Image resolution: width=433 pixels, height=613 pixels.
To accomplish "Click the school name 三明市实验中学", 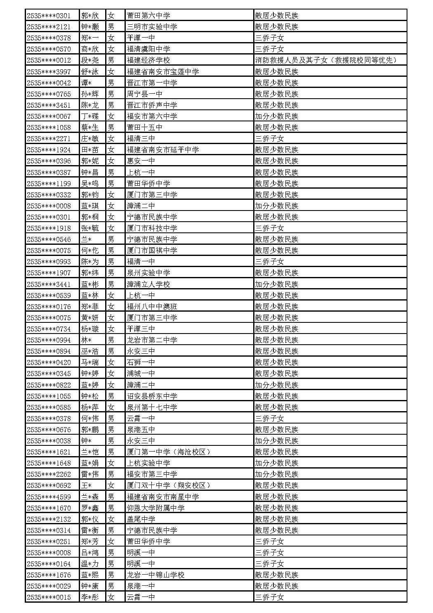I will pyautogui.click(x=152, y=27).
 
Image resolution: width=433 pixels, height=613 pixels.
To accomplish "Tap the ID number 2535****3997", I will pyautogui.click(x=49, y=72).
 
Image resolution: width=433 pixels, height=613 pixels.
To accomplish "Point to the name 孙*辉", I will pyautogui.click(x=90, y=94).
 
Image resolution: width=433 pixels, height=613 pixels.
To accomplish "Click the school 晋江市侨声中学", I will pyautogui.click(x=152, y=105).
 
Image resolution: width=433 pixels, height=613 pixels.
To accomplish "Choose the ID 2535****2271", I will pyautogui.click(x=49, y=139).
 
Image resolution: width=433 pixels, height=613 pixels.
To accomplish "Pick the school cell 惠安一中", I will pyautogui.click(x=141, y=161).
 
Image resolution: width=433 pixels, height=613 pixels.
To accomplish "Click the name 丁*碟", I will pyautogui.click(x=90, y=116).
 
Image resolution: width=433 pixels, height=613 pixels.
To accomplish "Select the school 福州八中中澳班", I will pyautogui.click(x=152, y=307).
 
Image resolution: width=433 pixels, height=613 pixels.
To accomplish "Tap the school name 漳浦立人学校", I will pyautogui.click(x=148, y=284).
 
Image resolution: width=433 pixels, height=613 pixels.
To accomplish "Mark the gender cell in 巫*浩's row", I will pyautogui.click(x=111, y=351).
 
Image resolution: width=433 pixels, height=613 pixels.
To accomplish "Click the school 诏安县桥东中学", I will pyautogui.click(x=152, y=396).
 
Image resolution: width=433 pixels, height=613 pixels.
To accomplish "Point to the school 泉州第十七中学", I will pyautogui.click(x=152, y=407).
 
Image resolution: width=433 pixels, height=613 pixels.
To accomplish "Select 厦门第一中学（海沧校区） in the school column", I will pyautogui.click(x=169, y=452).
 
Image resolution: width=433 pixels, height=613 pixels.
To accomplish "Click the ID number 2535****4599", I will pyautogui.click(x=49, y=497).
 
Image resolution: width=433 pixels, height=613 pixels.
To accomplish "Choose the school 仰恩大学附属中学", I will pyautogui.click(x=155, y=508).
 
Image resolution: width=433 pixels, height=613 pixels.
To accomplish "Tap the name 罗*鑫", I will pyautogui.click(x=90, y=508).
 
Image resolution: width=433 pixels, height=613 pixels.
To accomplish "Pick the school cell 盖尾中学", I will pyautogui.click(x=141, y=519).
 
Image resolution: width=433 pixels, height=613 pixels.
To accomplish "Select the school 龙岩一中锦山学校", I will pyautogui.click(x=155, y=575).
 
